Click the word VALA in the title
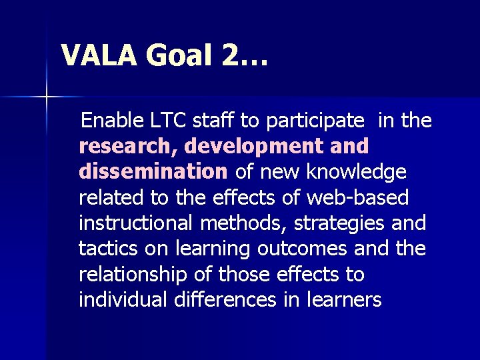coord(99,55)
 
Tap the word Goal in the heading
coord(180,55)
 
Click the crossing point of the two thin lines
coord(47,97)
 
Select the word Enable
coord(112,121)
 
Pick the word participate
coord(315,121)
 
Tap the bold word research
coord(128,146)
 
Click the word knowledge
coord(356,172)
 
